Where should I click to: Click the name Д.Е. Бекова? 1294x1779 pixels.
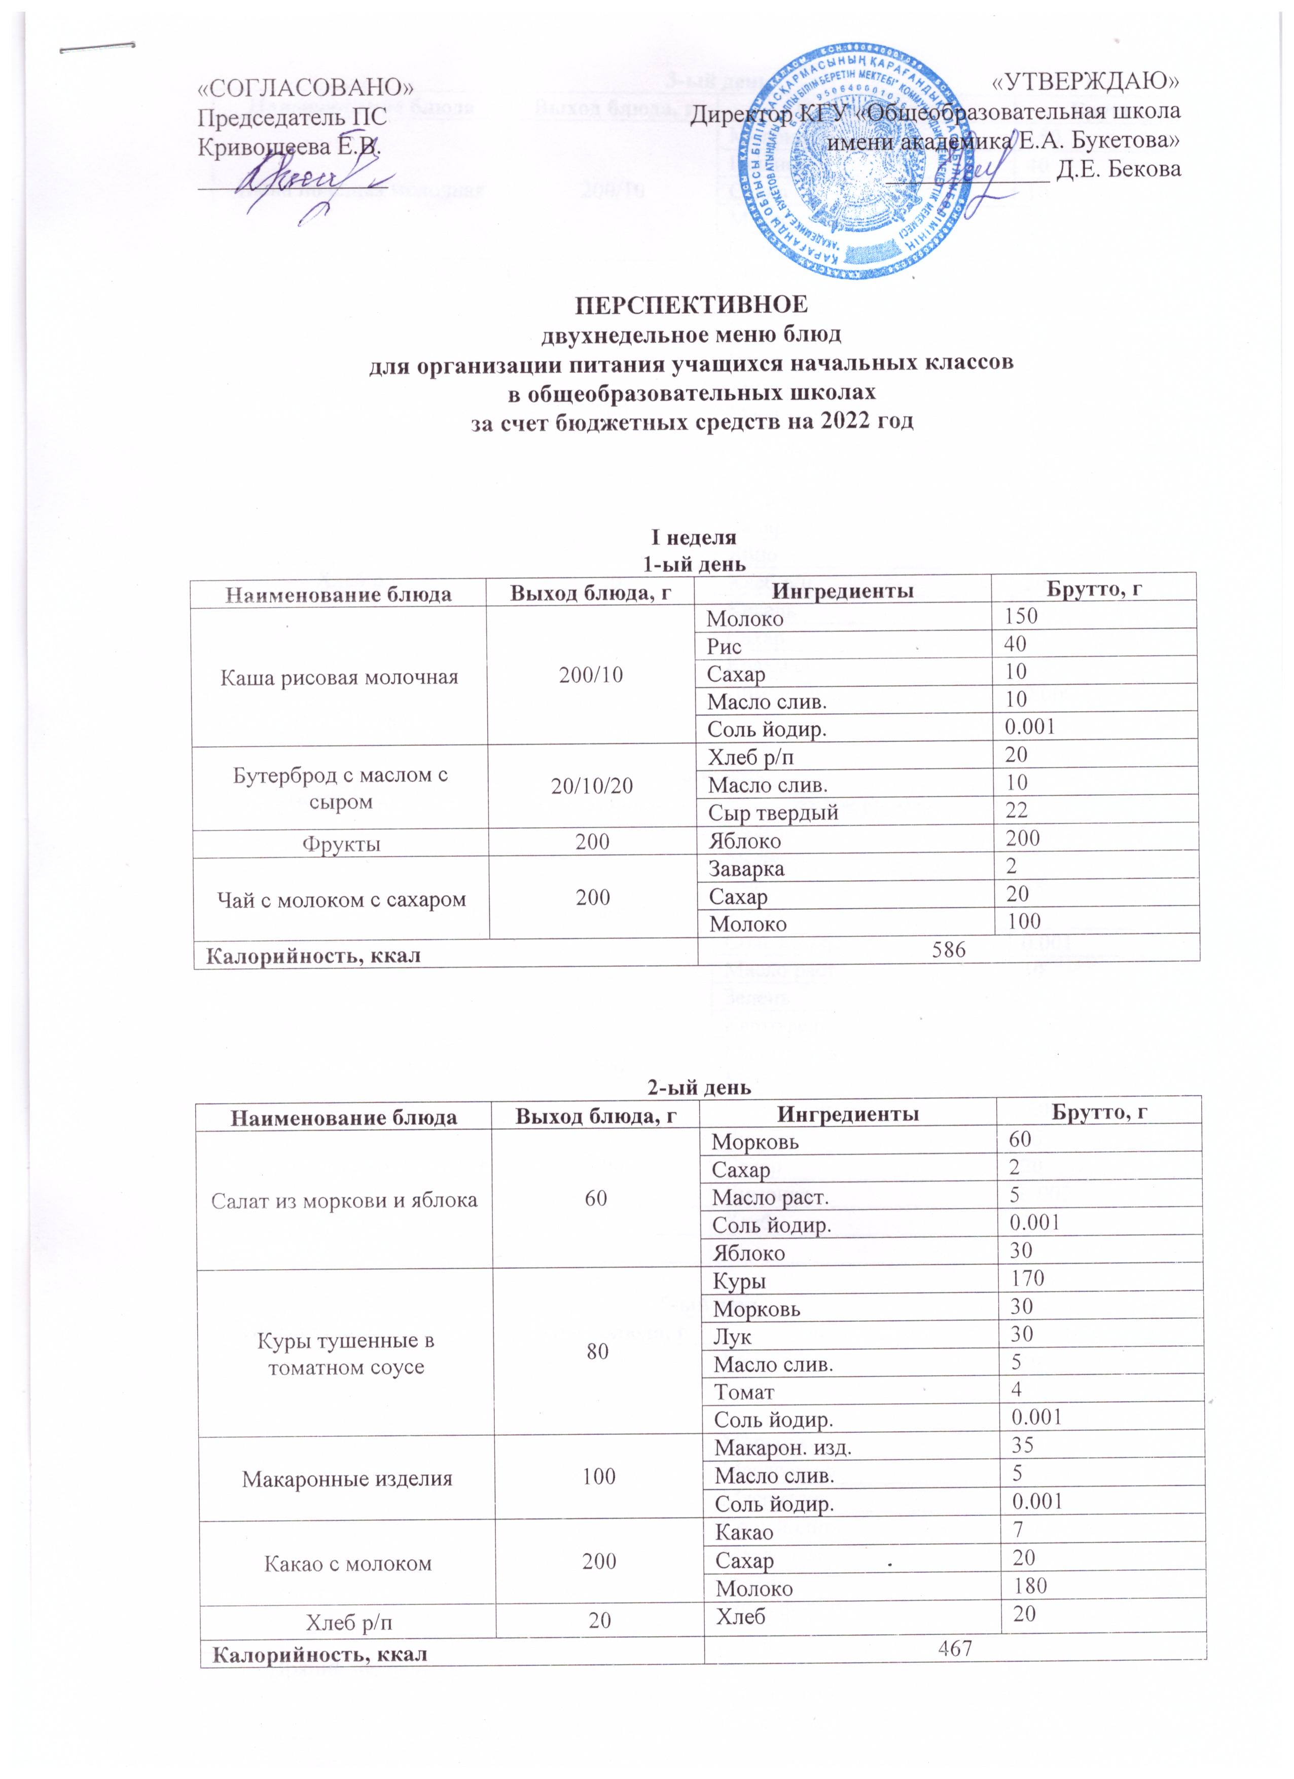1118,169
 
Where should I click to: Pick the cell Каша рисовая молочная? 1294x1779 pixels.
339,677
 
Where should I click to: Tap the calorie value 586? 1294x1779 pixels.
948,950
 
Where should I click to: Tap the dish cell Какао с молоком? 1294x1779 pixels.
348,1563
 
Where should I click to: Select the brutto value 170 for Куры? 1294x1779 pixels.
1027,1279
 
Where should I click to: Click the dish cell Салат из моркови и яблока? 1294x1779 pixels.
345,1201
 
